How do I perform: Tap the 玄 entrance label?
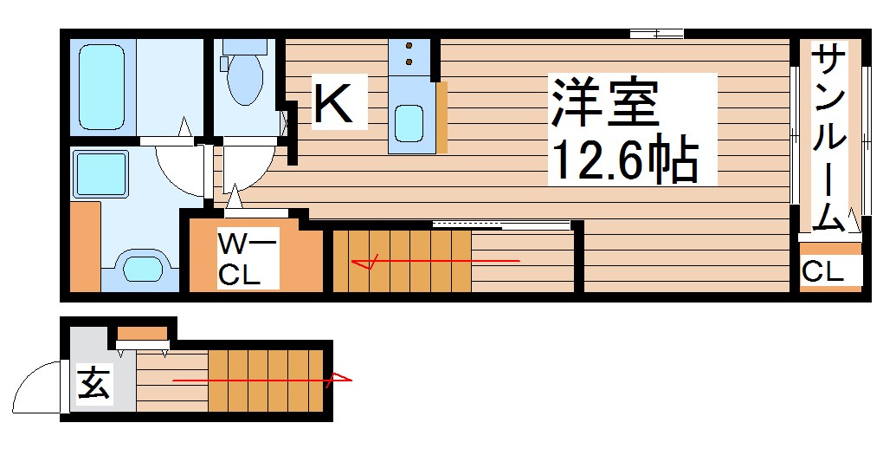click(x=93, y=382)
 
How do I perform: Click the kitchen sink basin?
click(x=409, y=122)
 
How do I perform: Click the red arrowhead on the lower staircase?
click(x=343, y=379)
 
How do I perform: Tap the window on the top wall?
click(x=656, y=35)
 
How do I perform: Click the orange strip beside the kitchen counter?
click(x=441, y=116)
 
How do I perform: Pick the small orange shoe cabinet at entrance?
click(x=142, y=333)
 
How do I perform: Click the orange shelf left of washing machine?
click(x=85, y=247)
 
